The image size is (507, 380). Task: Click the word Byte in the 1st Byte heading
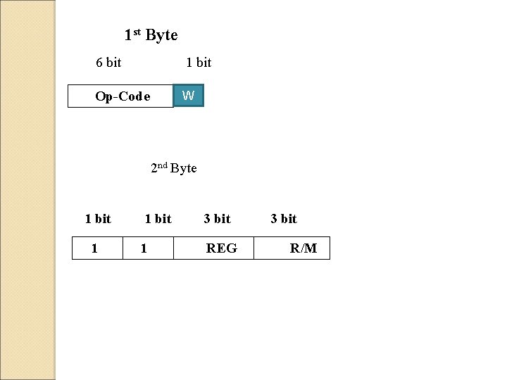click(x=161, y=35)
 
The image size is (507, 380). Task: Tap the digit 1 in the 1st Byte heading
click(x=127, y=35)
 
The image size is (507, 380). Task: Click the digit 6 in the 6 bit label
click(x=99, y=63)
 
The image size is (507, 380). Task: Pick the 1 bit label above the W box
click(x=199, y=63)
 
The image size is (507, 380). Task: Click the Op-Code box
click(x=120, y=96)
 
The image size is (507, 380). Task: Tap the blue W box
click(x=189, y=96)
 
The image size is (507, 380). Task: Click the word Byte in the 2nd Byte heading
click(x=184, y=168)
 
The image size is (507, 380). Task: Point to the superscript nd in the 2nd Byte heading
click(x=163, y=165)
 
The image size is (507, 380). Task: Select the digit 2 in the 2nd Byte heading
click(x=154, y=169)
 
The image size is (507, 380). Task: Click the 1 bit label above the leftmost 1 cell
click(x=98, y=219)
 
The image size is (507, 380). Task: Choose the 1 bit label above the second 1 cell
click(x=158, y=219)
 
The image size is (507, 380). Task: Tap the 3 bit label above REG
click(x=217, y=219)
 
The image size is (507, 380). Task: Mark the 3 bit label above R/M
click(x=284, y=219)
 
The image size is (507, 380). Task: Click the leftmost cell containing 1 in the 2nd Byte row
click(x=98, y=248)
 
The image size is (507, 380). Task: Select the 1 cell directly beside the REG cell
click(x=148, y=248)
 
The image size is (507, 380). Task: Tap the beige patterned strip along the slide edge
click(x=27, y=190)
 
